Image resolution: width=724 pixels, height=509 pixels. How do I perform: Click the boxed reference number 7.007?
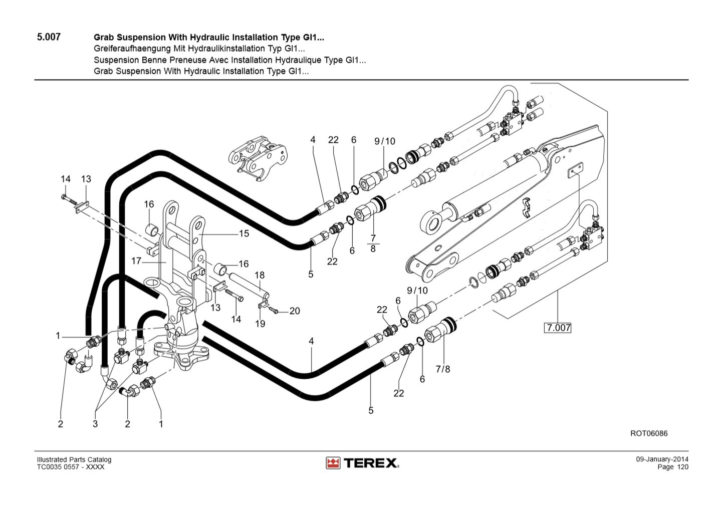click(558, 328)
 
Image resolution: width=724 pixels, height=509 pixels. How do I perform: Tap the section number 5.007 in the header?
click(49, 37)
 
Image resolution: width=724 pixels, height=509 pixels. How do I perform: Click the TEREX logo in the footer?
click(362, 463)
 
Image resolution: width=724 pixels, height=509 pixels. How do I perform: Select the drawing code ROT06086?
click(649, 433)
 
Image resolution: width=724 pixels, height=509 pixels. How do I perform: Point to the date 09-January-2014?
click(662, 459)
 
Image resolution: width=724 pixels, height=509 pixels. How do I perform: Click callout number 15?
click(244, 233)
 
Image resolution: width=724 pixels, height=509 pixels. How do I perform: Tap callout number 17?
click(136, 261)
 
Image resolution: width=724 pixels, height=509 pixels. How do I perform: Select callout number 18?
click(260, 275)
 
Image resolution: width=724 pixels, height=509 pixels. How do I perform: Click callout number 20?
click(295, 311)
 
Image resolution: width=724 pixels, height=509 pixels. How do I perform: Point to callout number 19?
click(260, 324)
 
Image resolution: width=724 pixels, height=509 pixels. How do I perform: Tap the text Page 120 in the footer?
click(673, 467)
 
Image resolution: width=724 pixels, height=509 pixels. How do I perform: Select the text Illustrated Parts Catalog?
click(74, 459)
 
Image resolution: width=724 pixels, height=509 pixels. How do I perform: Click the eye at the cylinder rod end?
click(431, 222)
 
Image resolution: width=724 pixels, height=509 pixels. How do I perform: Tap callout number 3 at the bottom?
click(95, 424)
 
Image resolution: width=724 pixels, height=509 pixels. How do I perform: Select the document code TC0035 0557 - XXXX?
click(71, 467)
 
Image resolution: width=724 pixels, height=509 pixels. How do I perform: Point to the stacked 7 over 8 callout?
click(373, 243)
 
